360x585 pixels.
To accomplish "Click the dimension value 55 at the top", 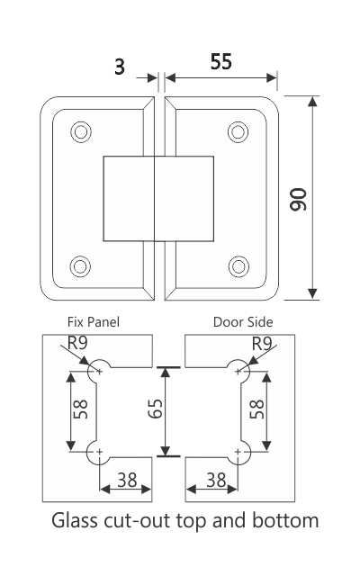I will pos(221,62).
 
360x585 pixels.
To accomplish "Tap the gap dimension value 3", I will pos(119,65).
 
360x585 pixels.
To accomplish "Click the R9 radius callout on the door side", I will pos(262,343).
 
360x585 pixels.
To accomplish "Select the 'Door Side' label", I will pos(243,321).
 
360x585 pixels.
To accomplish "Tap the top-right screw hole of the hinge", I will pos(238,131).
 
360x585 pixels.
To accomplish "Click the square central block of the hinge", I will pos(159,198).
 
